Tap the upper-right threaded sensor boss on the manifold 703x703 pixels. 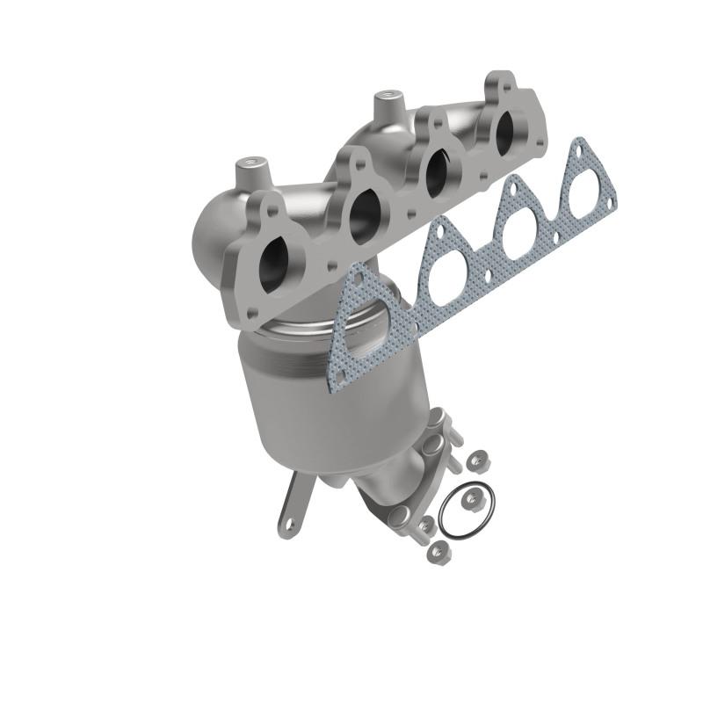(x=384, y=99)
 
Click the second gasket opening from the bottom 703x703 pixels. (x=445, y=271)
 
